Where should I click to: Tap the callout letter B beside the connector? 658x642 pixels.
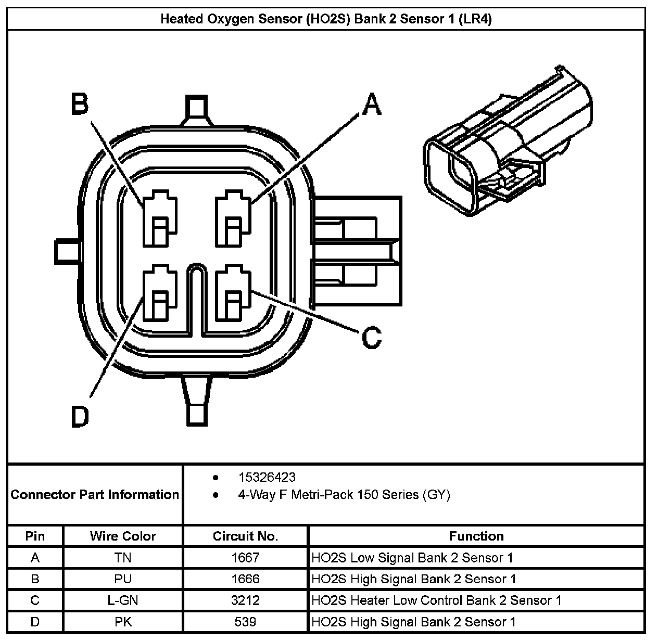(80, 104)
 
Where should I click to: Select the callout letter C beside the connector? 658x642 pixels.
(371, 337)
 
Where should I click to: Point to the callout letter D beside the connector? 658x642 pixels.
(80, 416)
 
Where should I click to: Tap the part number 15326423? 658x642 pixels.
(267, 477)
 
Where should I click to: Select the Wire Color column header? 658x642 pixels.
(123, 536)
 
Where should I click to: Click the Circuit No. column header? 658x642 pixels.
(245, 536)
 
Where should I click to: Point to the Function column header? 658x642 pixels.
(476, 536)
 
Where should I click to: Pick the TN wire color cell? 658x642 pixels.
(123, 558)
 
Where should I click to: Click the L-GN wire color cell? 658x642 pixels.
(123, 600)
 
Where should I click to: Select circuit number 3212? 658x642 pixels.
(245, 600)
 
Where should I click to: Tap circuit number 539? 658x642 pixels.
(245, 622)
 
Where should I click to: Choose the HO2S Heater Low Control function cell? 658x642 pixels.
(436, 600)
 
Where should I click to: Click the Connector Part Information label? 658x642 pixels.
(95, 494)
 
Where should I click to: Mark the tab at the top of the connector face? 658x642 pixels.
(196, 109)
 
